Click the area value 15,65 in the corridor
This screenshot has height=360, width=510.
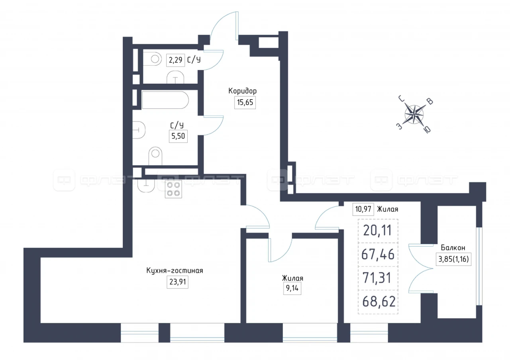(245, 102)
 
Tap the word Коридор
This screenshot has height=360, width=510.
(243, 91)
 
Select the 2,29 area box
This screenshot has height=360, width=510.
(175, 60)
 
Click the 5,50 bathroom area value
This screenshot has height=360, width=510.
(178, 136)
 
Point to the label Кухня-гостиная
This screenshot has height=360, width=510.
(175, 270)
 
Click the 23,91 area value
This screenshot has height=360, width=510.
(178, 282)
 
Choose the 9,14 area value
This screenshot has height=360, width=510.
(292, 288)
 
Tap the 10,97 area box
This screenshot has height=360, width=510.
(363, 209)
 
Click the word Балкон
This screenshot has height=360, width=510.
(453, 248)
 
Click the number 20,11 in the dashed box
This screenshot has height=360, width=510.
(377, 230)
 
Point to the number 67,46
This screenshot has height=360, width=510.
(378, 254)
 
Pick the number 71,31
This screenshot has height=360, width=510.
(377, 278)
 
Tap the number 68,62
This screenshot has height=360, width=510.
(379, 301)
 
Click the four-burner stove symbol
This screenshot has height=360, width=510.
(173, 189)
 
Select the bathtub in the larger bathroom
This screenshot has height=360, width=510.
(165, 100)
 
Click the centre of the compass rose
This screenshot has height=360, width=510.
(414, 114)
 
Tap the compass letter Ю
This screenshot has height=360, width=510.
(427, 130)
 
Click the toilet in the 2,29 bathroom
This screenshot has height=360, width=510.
(152, 59)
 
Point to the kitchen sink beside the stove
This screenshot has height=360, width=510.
(146, 185)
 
